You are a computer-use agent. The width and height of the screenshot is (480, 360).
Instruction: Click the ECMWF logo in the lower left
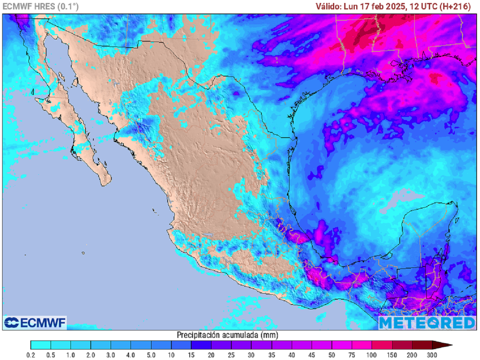pos(35,322)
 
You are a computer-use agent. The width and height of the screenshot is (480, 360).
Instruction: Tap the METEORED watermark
pos(427,322)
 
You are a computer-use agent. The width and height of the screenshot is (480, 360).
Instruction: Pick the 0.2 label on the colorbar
pos(30,354)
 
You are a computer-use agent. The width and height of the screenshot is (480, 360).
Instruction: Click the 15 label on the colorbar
pos(191,354)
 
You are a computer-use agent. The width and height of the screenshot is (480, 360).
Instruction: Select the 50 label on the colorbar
pos(332,354)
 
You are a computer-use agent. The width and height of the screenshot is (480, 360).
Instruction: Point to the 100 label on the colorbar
pos(372,354)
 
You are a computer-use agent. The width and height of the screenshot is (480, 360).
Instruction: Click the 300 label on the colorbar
pos(432,354)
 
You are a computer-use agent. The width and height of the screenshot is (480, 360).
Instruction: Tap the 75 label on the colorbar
pos(352,354)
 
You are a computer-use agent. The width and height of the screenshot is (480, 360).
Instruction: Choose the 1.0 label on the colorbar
pos(71,354)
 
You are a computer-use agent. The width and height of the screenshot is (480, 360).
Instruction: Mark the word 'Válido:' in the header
pos(328,6)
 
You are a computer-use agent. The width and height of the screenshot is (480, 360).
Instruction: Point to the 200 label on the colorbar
pos(412,354)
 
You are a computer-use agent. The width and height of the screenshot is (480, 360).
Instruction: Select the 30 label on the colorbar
pos(252,354)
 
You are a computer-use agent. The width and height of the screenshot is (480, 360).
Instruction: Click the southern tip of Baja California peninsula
pos(105,183)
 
